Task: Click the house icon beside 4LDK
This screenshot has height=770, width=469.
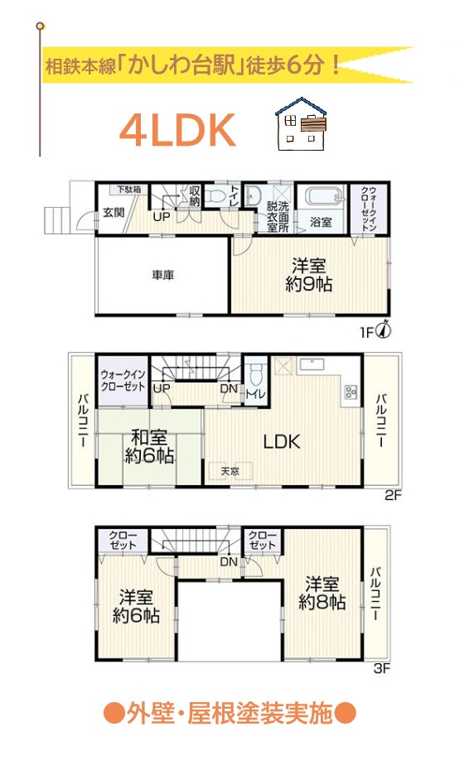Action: pos(301,123)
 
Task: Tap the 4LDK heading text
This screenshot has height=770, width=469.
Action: pos(177,131)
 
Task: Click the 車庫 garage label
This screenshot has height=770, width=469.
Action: pos(162,275)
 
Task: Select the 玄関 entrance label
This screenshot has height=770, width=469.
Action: pos(114,213)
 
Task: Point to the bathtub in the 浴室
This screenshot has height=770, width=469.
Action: pos(322,197)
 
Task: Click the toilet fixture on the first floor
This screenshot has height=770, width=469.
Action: pos(215,195)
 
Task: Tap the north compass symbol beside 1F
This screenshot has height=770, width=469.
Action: pos(384,330)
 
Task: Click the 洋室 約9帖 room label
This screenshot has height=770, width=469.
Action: pos(309,275)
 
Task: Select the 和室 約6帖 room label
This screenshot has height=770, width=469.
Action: pos(149,446)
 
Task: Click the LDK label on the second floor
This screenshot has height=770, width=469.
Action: pos(282,441)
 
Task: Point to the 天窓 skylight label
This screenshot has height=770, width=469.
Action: pos(230,471)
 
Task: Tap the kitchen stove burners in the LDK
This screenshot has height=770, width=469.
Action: pos(351,392)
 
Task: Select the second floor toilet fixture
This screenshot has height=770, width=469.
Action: pos(256,375)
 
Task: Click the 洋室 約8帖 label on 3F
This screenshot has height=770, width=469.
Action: pos(322,593)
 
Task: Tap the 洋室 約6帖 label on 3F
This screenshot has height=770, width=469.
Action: pos(136,606)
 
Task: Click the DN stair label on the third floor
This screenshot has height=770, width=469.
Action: pos(229,561)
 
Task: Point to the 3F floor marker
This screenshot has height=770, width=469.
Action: pos(382,668)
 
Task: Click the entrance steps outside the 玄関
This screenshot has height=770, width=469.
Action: pos(57,220)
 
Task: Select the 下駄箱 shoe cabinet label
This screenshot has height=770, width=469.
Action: pos(128,189)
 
